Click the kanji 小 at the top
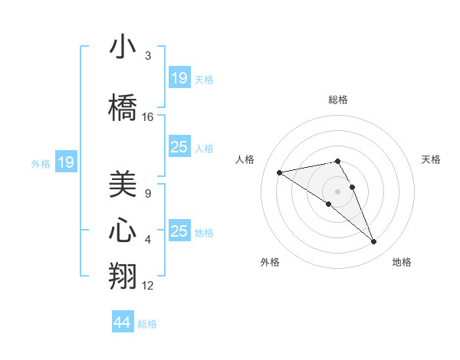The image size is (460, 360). coord(123,47)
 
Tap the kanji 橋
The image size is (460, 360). coord(123,109)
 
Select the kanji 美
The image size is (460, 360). coord(123,185)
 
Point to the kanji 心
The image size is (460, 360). coord(123,231)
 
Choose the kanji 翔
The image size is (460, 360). coord(123,277)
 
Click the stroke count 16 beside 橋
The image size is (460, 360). coord(148,117)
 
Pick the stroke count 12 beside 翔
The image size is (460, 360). coord(148,286)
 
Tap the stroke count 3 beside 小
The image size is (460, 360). coord(148,56)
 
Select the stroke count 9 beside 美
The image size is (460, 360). coord(148,194)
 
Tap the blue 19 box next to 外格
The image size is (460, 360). coord(66,162)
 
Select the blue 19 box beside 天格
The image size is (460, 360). coord(179,78)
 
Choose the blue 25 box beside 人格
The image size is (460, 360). coord(179,147)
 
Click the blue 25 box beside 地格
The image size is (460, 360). coord(179,231)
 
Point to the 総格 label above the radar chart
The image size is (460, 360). coord(338,100)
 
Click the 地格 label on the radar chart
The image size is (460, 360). coord(402,262)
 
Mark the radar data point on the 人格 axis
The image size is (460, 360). coord(280,172)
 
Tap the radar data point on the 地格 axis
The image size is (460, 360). coord(374,242)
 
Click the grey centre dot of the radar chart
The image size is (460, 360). coord(337,191)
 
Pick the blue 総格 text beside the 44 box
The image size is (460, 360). coord(148,324)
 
